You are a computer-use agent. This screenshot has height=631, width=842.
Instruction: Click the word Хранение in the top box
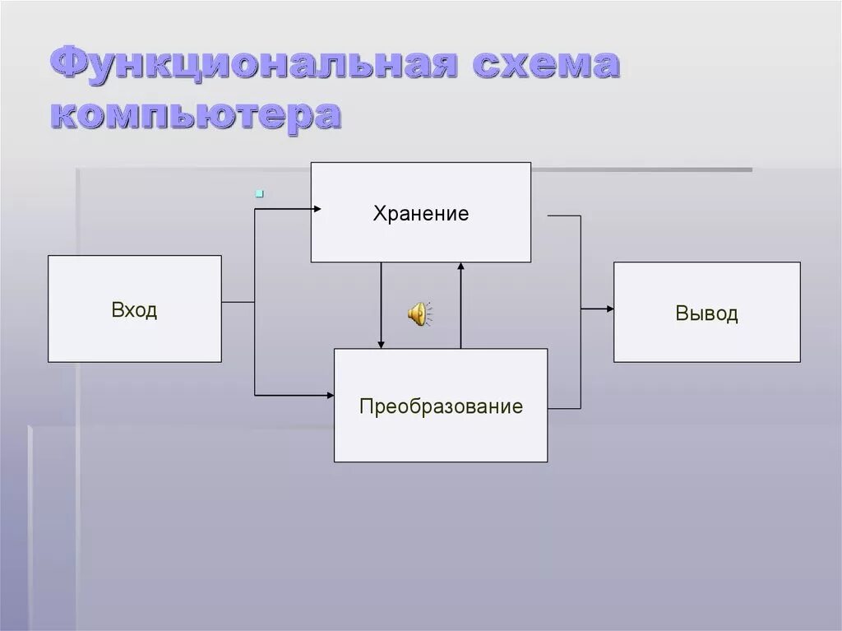420,214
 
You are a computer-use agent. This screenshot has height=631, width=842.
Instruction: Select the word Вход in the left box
134,310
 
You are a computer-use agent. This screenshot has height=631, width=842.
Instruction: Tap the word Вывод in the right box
706,313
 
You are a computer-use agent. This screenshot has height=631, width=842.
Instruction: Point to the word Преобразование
441,406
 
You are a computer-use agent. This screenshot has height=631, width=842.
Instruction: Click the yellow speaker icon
419,313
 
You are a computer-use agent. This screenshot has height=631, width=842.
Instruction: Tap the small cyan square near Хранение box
259,194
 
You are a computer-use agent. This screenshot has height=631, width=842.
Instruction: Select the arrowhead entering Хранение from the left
316,209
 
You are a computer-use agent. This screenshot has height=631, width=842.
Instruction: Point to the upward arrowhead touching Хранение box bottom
460,267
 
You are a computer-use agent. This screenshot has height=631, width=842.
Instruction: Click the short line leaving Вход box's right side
238,302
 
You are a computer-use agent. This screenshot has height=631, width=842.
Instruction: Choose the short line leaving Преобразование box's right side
564,408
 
